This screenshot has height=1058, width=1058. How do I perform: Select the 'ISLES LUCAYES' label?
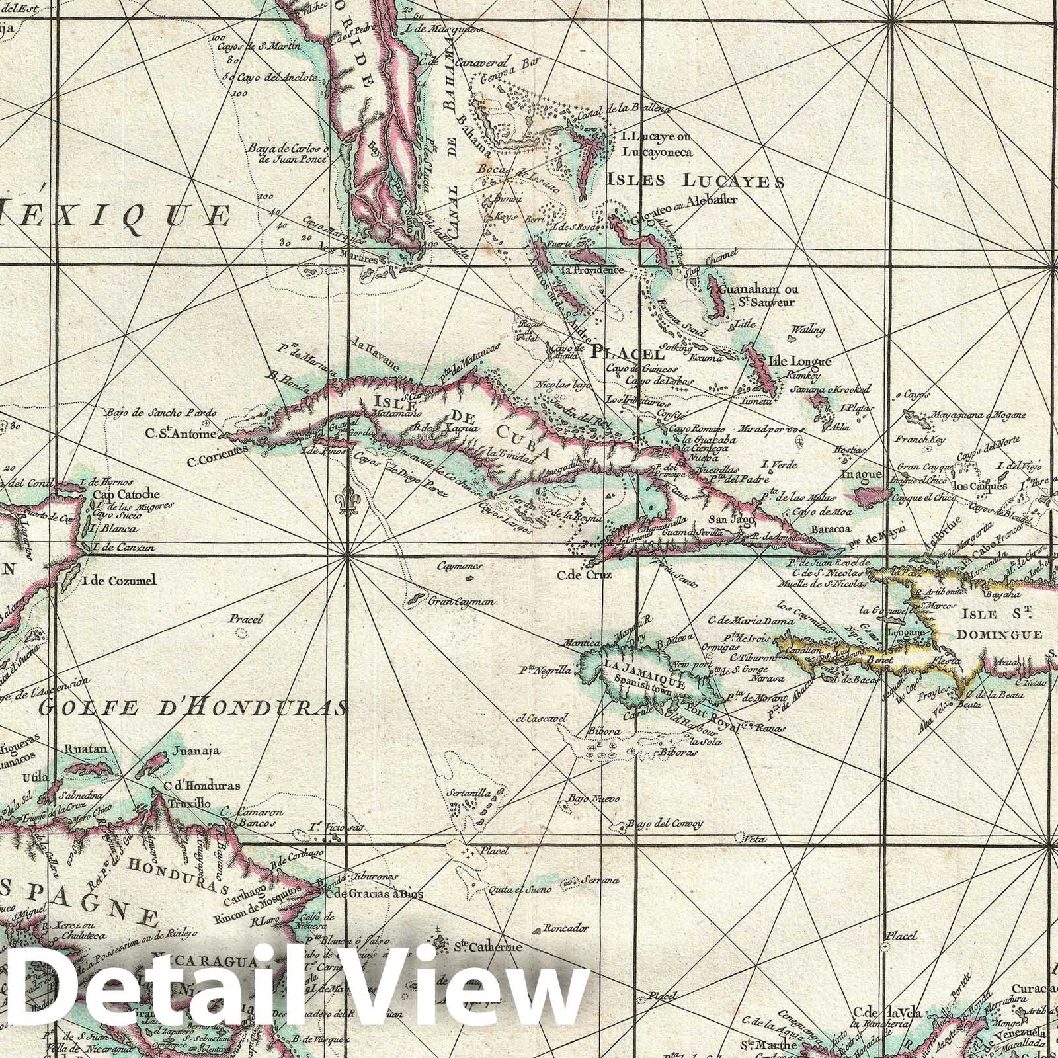tap(695, 181)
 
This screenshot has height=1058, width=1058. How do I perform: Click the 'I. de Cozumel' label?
tap(120, 581)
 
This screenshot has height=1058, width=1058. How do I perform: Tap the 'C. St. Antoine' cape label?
tap(182, 434)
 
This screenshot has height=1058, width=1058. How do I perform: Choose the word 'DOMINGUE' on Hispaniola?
tap(999, 634)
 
